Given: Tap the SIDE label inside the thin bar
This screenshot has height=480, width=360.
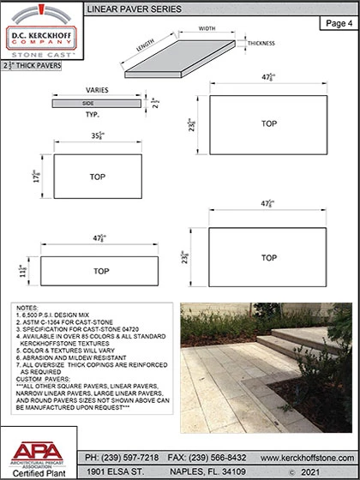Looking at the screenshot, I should click(x=88, y=102).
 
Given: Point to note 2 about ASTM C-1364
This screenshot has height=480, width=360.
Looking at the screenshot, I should click(x=65, y=321).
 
